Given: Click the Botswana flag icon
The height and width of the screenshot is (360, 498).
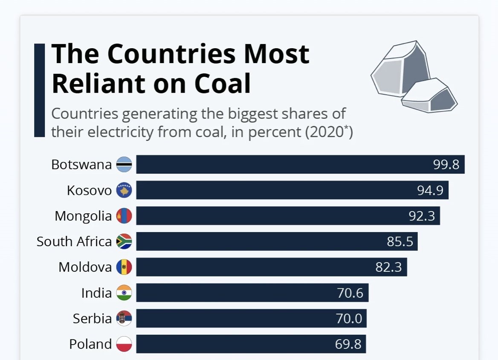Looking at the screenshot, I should [x=124, y=165].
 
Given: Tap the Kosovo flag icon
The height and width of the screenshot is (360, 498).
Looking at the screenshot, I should [x=124, y=190].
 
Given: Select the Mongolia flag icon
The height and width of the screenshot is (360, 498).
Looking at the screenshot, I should [x=124, y=216].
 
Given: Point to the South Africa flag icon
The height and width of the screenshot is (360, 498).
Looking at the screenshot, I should [x=124, y=241].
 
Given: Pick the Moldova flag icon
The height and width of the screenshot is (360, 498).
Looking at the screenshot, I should [x=124, y=267].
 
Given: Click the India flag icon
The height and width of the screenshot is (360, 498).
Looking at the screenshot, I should [x=124, y=293].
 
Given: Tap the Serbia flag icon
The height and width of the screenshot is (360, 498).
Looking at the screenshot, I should [x=124, y=318].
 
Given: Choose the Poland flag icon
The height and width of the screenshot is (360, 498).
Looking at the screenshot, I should [x=124, y=344].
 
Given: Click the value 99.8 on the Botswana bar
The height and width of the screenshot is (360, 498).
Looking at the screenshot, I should [x=446, y=165].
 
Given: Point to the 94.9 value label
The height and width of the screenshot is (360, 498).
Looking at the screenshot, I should [x=430, y=190].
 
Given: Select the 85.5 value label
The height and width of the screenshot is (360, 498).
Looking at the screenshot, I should [x=400, y=241].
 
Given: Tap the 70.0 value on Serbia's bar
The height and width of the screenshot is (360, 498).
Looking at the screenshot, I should [x=349, y=318].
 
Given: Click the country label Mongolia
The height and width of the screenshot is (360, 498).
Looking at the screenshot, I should [x=83, y=216].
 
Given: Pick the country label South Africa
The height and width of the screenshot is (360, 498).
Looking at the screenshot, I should [x=74, y=241].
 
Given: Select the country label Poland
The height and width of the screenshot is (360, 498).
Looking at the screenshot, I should [x=90, y=344].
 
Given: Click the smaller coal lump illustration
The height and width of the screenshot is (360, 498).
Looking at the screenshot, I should [x=429, y=96].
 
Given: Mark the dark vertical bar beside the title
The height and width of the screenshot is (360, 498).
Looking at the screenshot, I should [x=39, y=90].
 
